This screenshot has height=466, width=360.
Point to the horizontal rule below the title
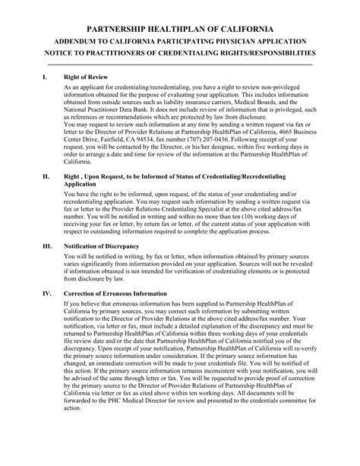[x=179, y=64]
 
